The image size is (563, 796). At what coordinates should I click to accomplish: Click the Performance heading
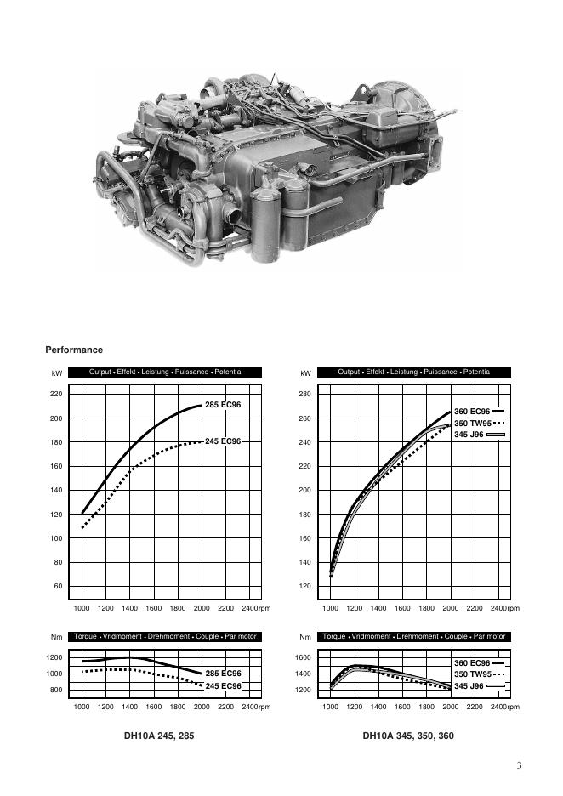click(74, 350)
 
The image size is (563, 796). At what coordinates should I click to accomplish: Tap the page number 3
click(519, 765)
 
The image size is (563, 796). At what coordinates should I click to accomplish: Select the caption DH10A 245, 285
click(159, 736)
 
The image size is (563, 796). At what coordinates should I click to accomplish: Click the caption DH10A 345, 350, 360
click(408, 736)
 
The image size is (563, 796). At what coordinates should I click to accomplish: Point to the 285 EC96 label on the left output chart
click(223, 405)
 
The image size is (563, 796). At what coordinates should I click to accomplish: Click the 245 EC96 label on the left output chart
click(223, 441)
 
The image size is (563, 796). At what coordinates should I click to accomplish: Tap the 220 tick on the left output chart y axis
click(56, 394)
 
